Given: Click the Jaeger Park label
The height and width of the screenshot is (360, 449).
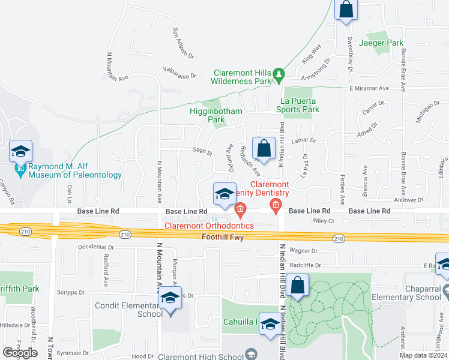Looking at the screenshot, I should click(381, 43).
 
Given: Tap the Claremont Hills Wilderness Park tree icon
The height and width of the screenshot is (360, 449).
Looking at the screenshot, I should click(279, 74).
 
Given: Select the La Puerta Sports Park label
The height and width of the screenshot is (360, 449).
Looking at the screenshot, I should click(298, 105).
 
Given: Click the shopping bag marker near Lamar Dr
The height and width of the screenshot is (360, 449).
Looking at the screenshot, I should click(264, 148).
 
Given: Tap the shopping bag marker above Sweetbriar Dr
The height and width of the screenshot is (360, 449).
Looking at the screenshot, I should click(346, 10).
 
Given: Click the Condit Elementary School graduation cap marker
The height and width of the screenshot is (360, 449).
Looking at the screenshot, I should click(170, 299).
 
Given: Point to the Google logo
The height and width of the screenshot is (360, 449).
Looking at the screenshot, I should click(20, 353).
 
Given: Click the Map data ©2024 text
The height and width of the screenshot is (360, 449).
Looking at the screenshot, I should click(423, 355).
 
